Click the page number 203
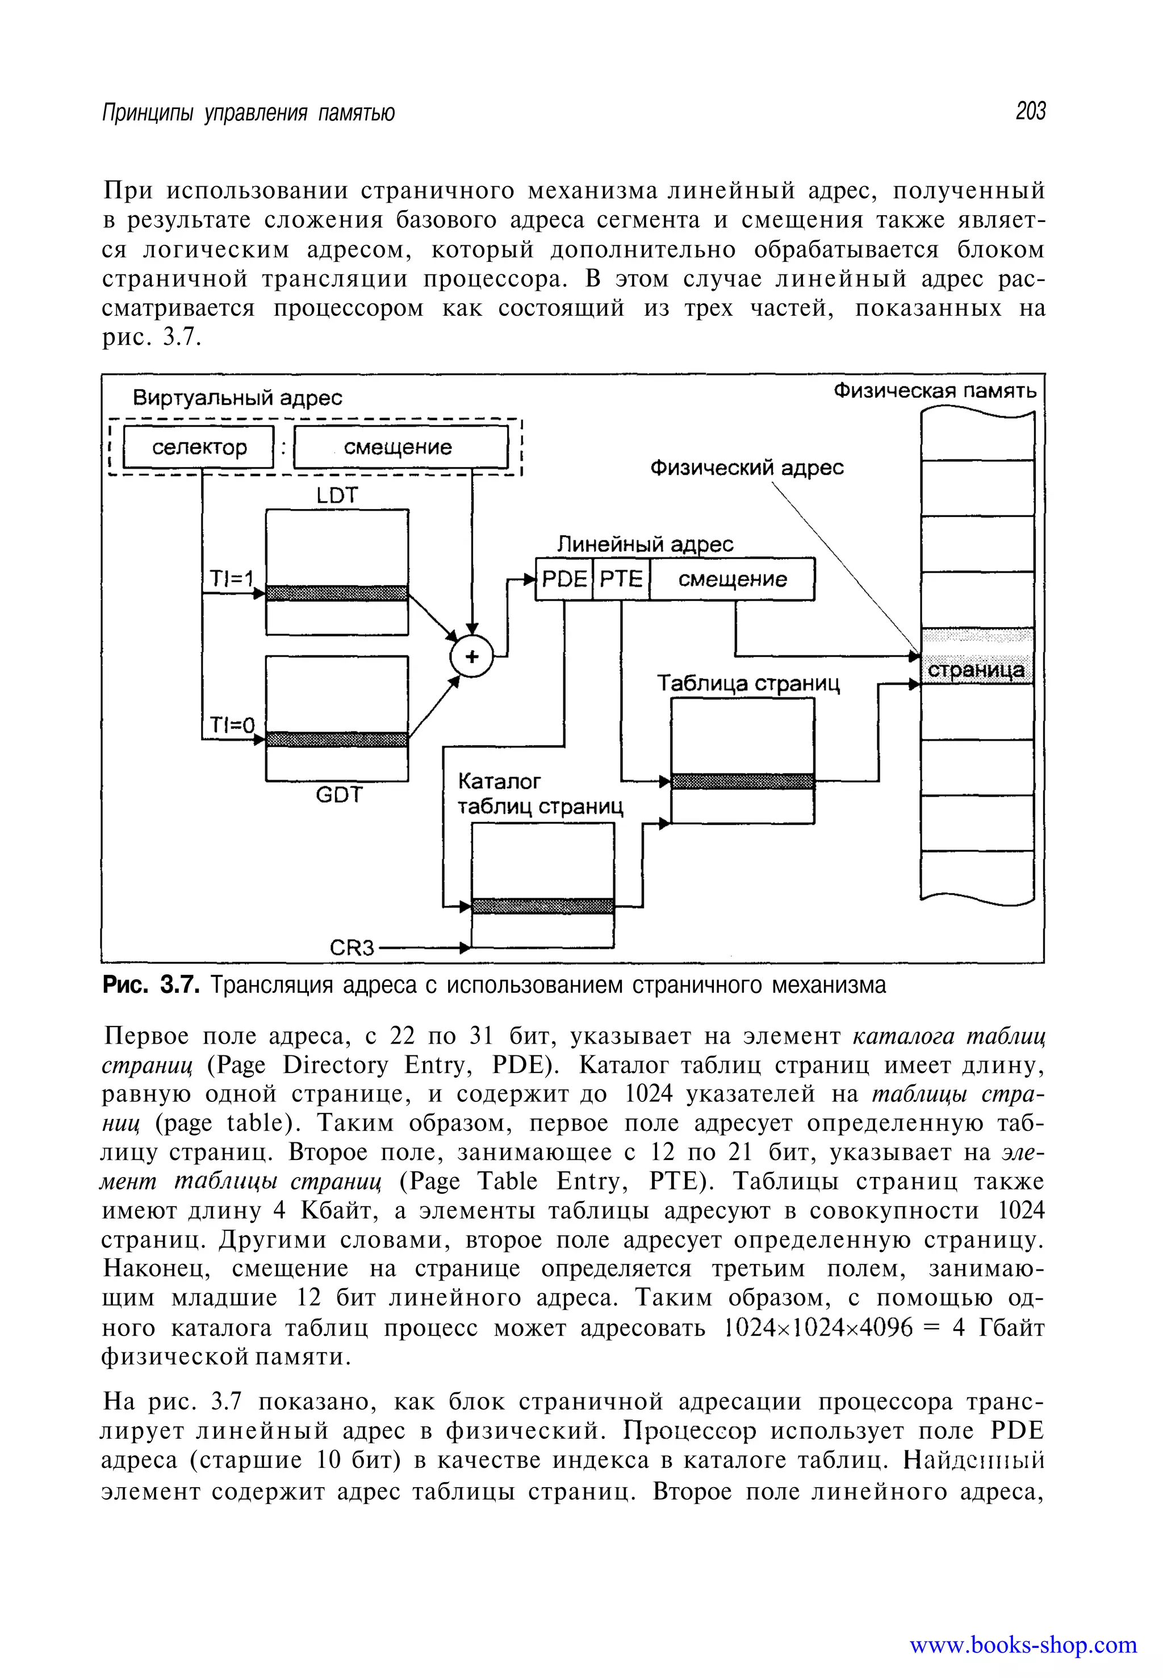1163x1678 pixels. pos(1030,111)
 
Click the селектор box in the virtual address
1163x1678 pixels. pos(199,447)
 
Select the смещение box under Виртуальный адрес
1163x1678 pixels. pos(400,447)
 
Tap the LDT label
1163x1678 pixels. pos(337,496)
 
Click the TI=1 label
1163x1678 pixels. pos(230,579)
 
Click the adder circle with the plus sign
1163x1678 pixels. pos(471,656)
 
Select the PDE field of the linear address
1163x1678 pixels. pos(564,579)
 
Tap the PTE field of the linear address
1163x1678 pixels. pos(621,579)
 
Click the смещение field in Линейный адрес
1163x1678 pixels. pos(733,579)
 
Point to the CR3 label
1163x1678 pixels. pos(352,947)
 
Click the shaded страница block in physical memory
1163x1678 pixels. pos(976,669)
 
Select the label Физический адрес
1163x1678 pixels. pos(746,467)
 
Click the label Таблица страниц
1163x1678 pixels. pos(748,683)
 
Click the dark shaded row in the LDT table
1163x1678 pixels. pos(337,592)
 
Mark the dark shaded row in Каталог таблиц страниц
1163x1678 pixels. pos(543,906)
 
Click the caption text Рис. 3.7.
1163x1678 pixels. pos(150,986)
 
